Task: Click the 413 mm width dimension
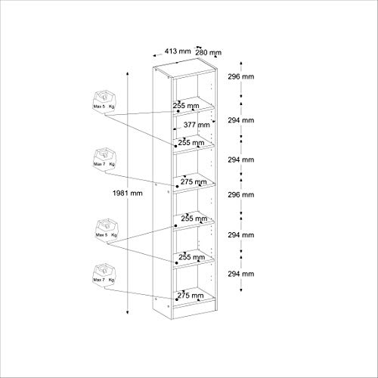pyautogui.click(x=171, y=51)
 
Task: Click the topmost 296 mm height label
pyautogui.click(x=241, y=77)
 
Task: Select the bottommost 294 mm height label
pyautogui.click(x=241, y=273)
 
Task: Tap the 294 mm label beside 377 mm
pyautogui.click(x=241, y=119)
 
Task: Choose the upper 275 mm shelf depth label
pyautogui.click(x=191, y=181)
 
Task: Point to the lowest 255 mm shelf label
pyautogui.click(x=192, y=256)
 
